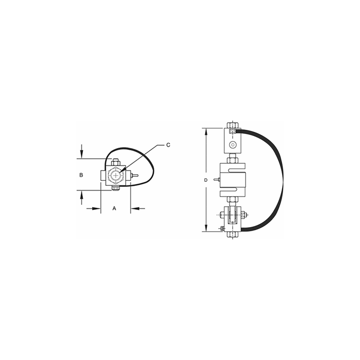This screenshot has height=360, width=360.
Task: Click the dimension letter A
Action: (114, 208)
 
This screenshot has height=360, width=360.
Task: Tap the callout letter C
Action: (169, 145)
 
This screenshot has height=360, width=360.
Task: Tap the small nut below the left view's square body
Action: (115, 190)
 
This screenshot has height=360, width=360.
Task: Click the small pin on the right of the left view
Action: (135, 176)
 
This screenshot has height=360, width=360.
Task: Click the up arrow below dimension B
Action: (81, 196)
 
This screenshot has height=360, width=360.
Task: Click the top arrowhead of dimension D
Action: (206, 131)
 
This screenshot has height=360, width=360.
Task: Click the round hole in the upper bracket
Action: (233, 145)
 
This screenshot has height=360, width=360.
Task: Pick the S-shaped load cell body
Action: (233, 179)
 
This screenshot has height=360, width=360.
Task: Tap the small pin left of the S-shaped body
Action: (217, 180)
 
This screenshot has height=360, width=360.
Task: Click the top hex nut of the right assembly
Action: (233, 124)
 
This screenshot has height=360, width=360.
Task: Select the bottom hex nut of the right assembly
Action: (232, 235)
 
